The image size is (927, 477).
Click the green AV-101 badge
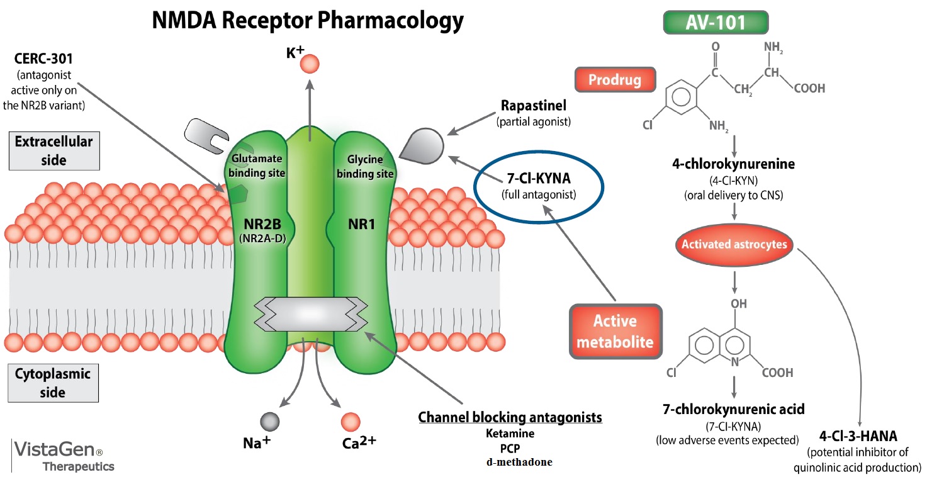click(x=716, y=23)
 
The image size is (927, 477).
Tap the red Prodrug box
click(x=615, y=79)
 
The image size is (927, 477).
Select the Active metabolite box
click(x=615, y=332)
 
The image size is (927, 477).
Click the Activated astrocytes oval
click(x=734, y=244)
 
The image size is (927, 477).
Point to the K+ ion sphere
click(x=310, y=64)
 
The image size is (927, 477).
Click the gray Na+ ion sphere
click(x=269, y=422)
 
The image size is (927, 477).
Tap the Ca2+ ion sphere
click(x=351, y=422)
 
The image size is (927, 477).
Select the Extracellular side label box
click(x=54, y=150)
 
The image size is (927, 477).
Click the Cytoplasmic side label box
click(x=53, y=383)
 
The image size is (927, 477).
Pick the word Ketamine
click(x=510, y=433)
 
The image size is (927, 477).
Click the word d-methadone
click(x=519, y=462)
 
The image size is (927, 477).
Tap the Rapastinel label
click(x=534, y=106)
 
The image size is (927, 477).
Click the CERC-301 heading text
click(x=43, y=59)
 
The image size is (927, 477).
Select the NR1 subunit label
click(x=362, y=224)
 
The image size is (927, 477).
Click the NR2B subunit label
click(x=262, y=224)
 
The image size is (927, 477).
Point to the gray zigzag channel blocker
click(x=310, y=314)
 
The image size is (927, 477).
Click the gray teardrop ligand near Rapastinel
click(x=423, y=146)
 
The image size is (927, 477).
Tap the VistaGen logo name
click(x=55, y=449)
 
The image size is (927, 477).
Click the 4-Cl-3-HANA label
click(x=858, y=436)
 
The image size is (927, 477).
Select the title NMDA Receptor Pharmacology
click(x=308, y=20)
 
